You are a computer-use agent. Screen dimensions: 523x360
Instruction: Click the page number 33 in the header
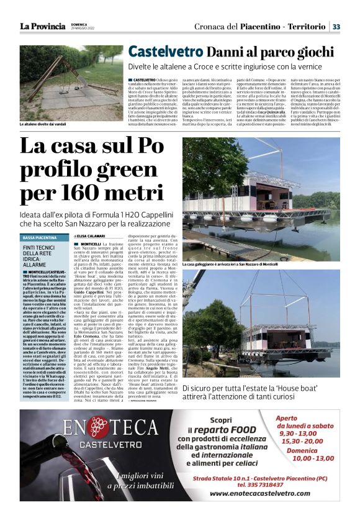pos(336,27)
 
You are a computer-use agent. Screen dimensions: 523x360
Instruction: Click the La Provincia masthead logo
pos(42,27)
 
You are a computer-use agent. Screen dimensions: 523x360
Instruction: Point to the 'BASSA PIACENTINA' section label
pos(40,238)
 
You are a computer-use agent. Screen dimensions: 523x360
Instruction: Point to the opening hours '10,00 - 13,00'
pos(314,458)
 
